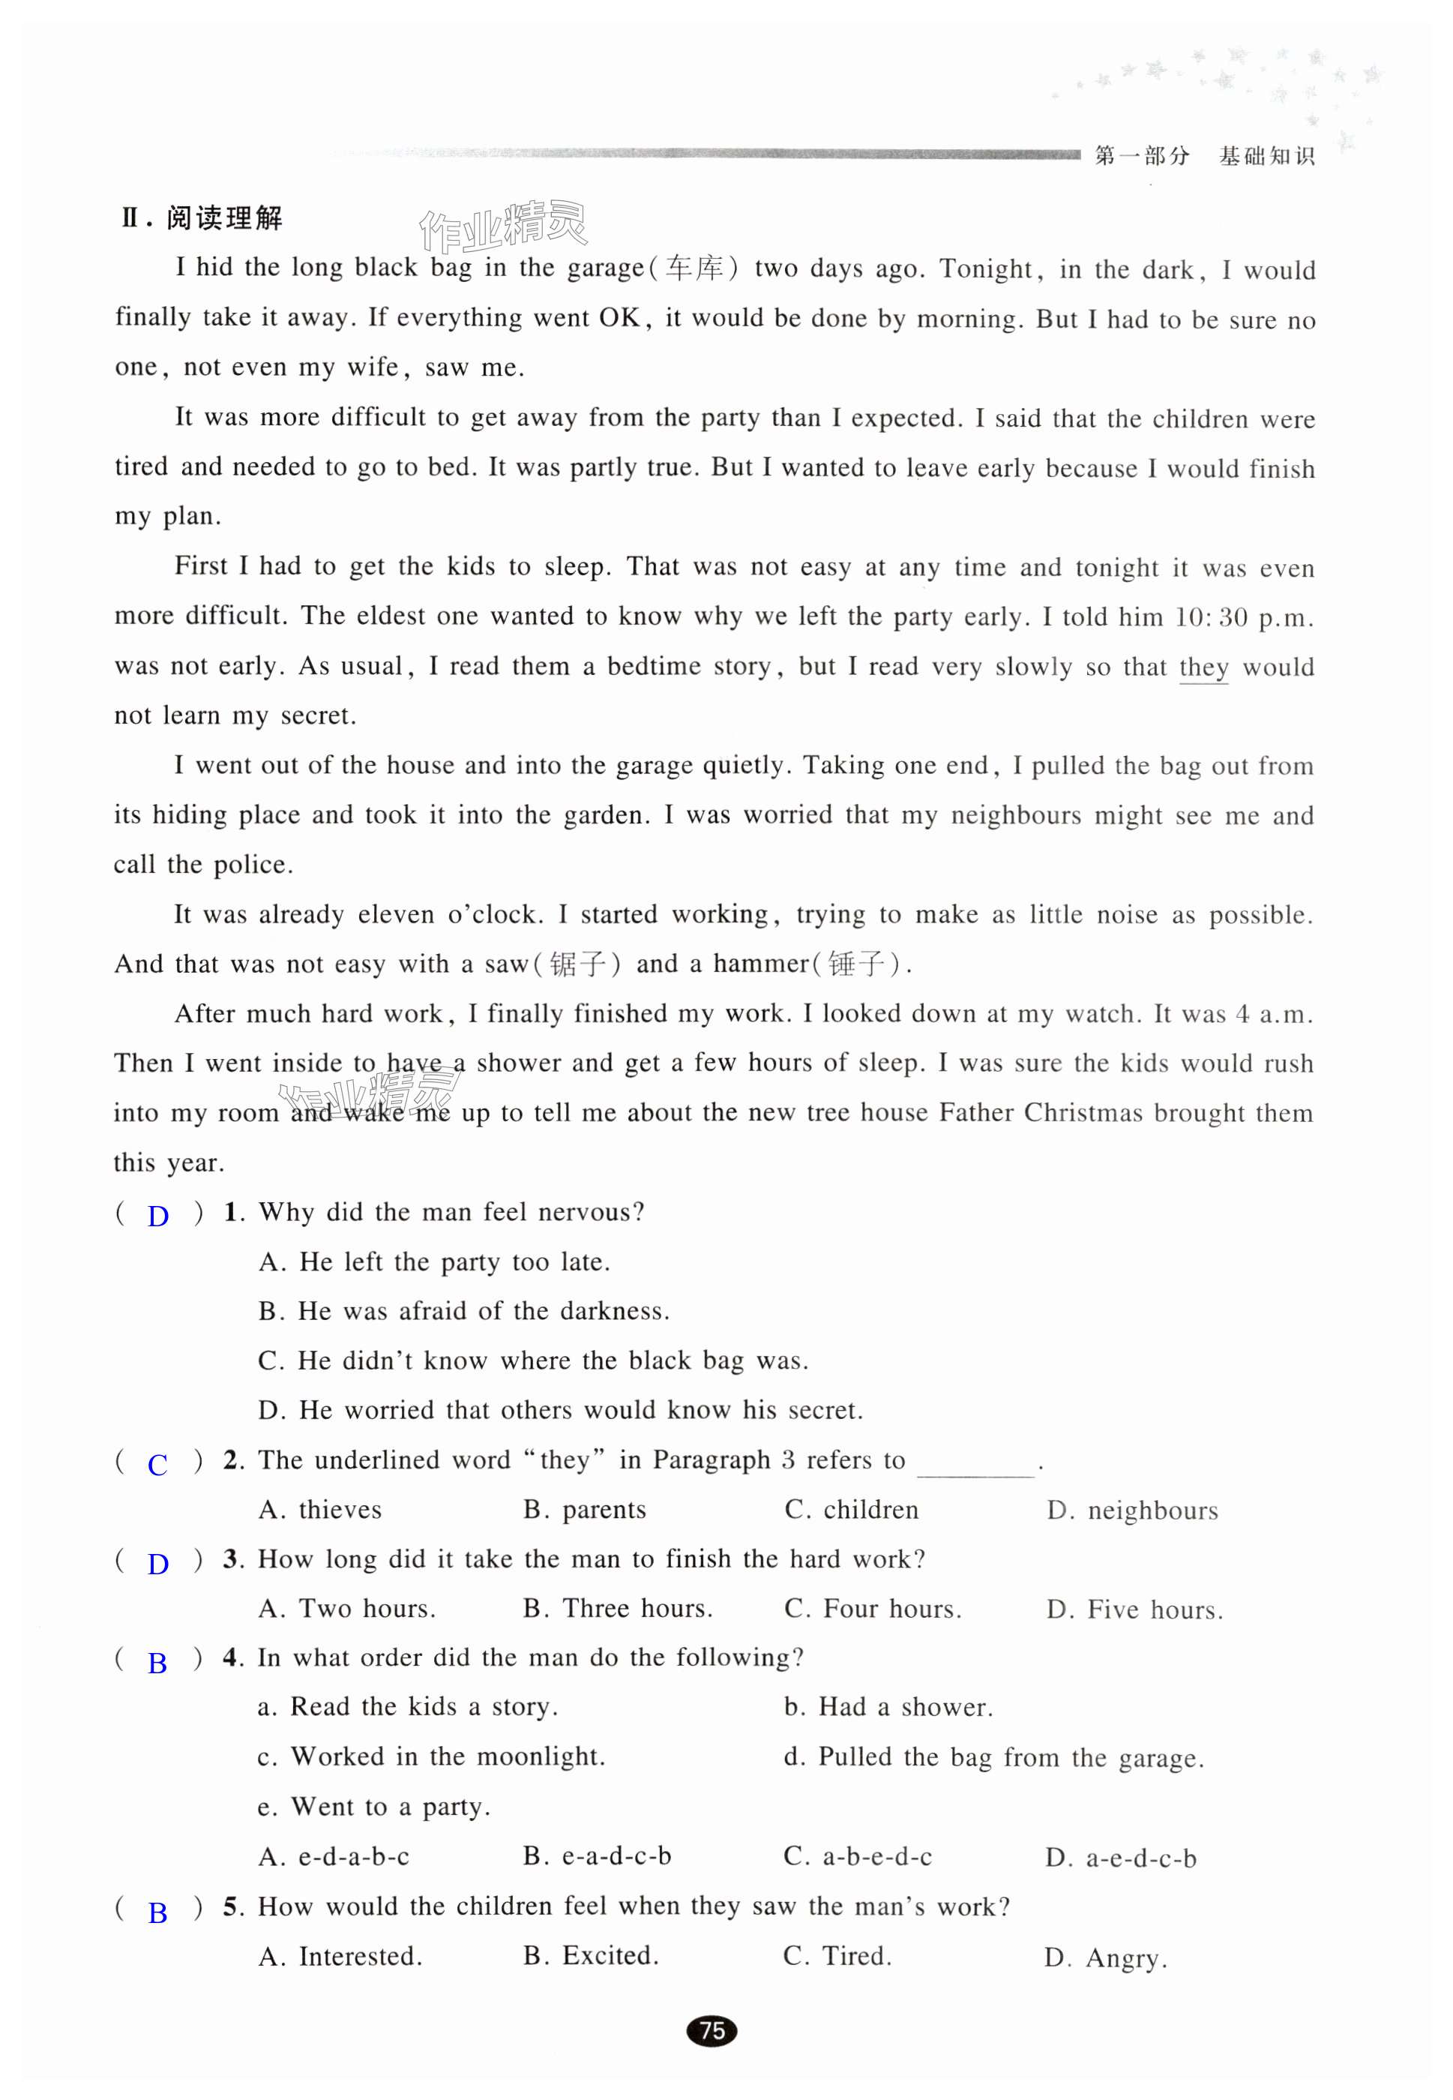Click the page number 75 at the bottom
712,2030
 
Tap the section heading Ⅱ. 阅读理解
202,218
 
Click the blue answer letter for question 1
157,1216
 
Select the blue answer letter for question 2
157,1465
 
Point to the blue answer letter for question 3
157,1564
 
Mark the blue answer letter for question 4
157,1663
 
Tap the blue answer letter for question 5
157,1913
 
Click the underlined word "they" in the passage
1203,667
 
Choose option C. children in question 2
851,1510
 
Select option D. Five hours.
1134,1610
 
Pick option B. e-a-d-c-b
598,1856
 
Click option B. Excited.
591,1956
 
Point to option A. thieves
320,1510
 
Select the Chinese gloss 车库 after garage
694,268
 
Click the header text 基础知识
1266,157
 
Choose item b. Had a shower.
888,1708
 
